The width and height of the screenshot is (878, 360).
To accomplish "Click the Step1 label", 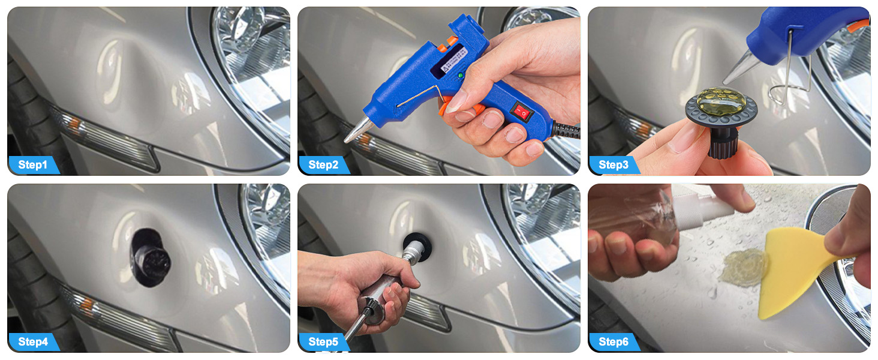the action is click(32, 165).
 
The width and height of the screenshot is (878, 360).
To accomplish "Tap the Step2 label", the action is click(323, 165).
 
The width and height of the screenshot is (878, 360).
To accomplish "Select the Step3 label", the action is click(614, 165).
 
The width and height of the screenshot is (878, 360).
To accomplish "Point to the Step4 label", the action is click(33, 342).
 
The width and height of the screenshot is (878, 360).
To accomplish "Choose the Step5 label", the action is click(323, 342).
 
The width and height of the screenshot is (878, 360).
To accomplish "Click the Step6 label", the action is click(614, 342).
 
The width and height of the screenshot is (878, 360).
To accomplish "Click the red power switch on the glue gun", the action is click(522, 112).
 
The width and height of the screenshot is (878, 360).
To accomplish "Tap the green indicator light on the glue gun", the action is click(461, 75).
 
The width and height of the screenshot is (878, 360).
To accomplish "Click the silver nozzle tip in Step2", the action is click(357, 130).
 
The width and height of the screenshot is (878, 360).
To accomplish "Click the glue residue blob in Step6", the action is click(743, 266).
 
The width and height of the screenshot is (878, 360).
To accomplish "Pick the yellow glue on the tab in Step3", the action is click(721, 101).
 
